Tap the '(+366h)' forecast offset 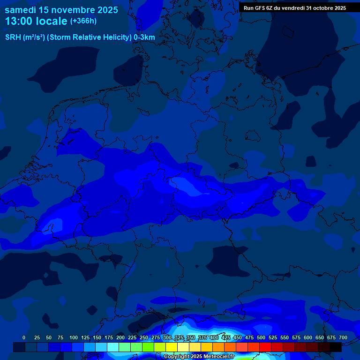(83, 21)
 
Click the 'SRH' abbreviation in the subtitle (13, 37)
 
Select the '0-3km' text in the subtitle (144, 37)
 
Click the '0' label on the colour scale (24, 337)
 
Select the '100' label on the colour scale (74, 337)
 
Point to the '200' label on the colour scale (120, 337)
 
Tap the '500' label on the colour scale (261, 337)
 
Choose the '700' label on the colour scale (343, 337)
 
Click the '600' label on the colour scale (308, 337)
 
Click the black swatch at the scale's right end (336, 347)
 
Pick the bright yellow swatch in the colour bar (172, 347)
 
